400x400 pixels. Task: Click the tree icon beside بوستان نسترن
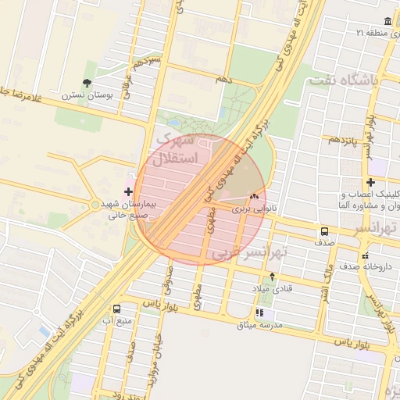[x=87, y=82]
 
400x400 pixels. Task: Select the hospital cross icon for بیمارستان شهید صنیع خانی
[x=128, y=191]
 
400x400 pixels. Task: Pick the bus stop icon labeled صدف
[x=323, y=231]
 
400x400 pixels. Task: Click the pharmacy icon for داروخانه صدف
[x=365, y=255]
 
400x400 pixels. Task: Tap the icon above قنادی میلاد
[x=271, y=276]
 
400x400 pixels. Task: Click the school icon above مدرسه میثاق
[x=259, y=313]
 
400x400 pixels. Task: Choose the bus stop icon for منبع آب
[x=116, y=309]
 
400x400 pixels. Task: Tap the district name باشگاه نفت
[x=342, y=80]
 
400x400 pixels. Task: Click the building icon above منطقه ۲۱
[x=388, y=21]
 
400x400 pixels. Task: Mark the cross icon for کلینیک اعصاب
[x=370, y=182]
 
